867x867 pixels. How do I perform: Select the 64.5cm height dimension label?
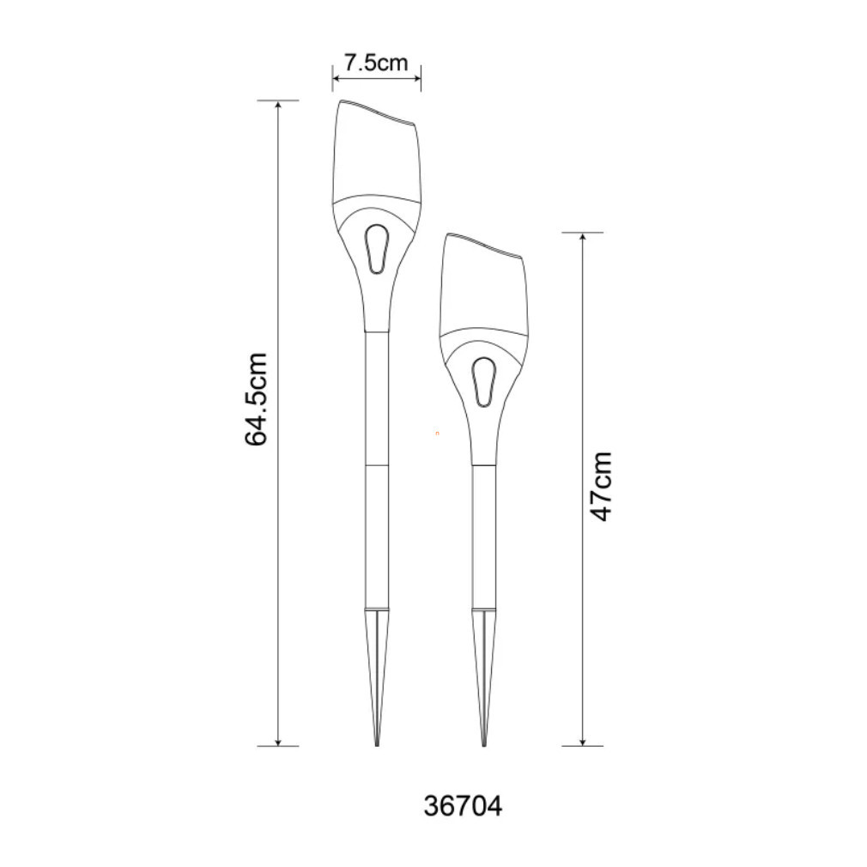tap(257, 398)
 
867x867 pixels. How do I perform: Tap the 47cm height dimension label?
tap(602, 487)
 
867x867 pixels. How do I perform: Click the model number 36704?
tap(463, 806)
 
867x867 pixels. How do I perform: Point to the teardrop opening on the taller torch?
tap(377, 248)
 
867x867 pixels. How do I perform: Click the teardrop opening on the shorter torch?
tap(484, 382)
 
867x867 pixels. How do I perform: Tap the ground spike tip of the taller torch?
tap(377, 744)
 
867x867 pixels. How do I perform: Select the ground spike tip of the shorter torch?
tap(484, 744)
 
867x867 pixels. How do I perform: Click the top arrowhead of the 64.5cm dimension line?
tap(278, 105)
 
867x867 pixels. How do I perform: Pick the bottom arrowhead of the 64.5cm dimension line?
tap(278, 742)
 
